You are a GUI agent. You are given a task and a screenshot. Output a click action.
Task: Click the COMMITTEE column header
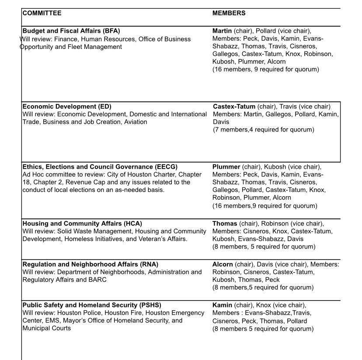[42, 13]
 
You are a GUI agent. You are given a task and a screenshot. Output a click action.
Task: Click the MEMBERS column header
[229, 13]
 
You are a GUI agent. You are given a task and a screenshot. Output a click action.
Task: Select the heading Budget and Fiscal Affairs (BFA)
[71, 31]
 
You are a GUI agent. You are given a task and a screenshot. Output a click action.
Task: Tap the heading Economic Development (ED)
[67, 107]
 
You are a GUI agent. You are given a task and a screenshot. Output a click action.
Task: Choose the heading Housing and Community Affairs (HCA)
[82, 224]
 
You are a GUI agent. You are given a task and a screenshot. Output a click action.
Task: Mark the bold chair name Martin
[222, 31]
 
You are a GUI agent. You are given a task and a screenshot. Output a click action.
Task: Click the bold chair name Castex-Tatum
[234, 107]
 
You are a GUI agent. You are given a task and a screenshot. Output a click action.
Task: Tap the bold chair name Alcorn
[223, 264]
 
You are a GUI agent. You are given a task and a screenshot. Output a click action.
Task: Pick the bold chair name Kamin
[222, 305]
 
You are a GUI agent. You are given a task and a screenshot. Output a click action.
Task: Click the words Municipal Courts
[46, 328]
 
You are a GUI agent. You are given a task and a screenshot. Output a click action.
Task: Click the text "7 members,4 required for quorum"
[263, 130]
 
